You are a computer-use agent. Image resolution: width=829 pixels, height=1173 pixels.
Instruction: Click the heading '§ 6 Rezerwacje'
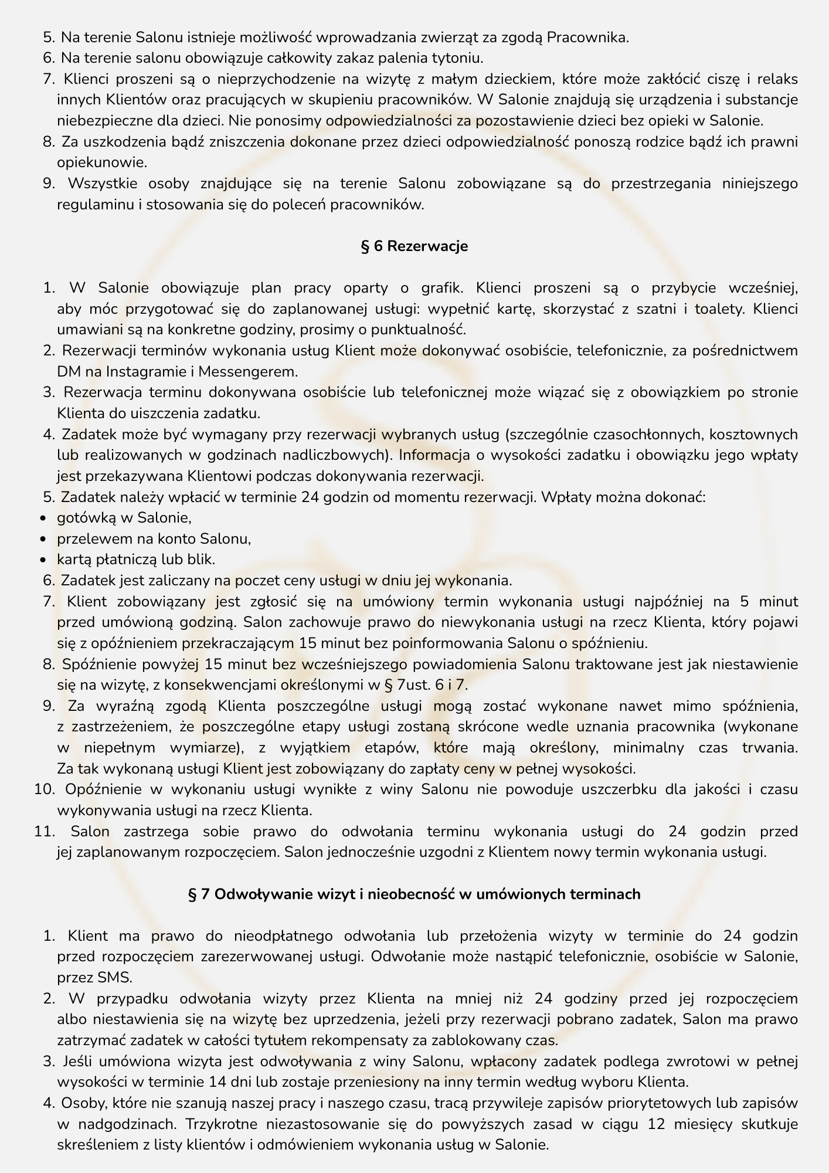point(414,246)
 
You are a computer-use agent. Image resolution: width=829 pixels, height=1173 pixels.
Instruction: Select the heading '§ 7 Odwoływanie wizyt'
point(414,894)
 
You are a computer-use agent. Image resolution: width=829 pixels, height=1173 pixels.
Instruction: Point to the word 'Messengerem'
point(256,371)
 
